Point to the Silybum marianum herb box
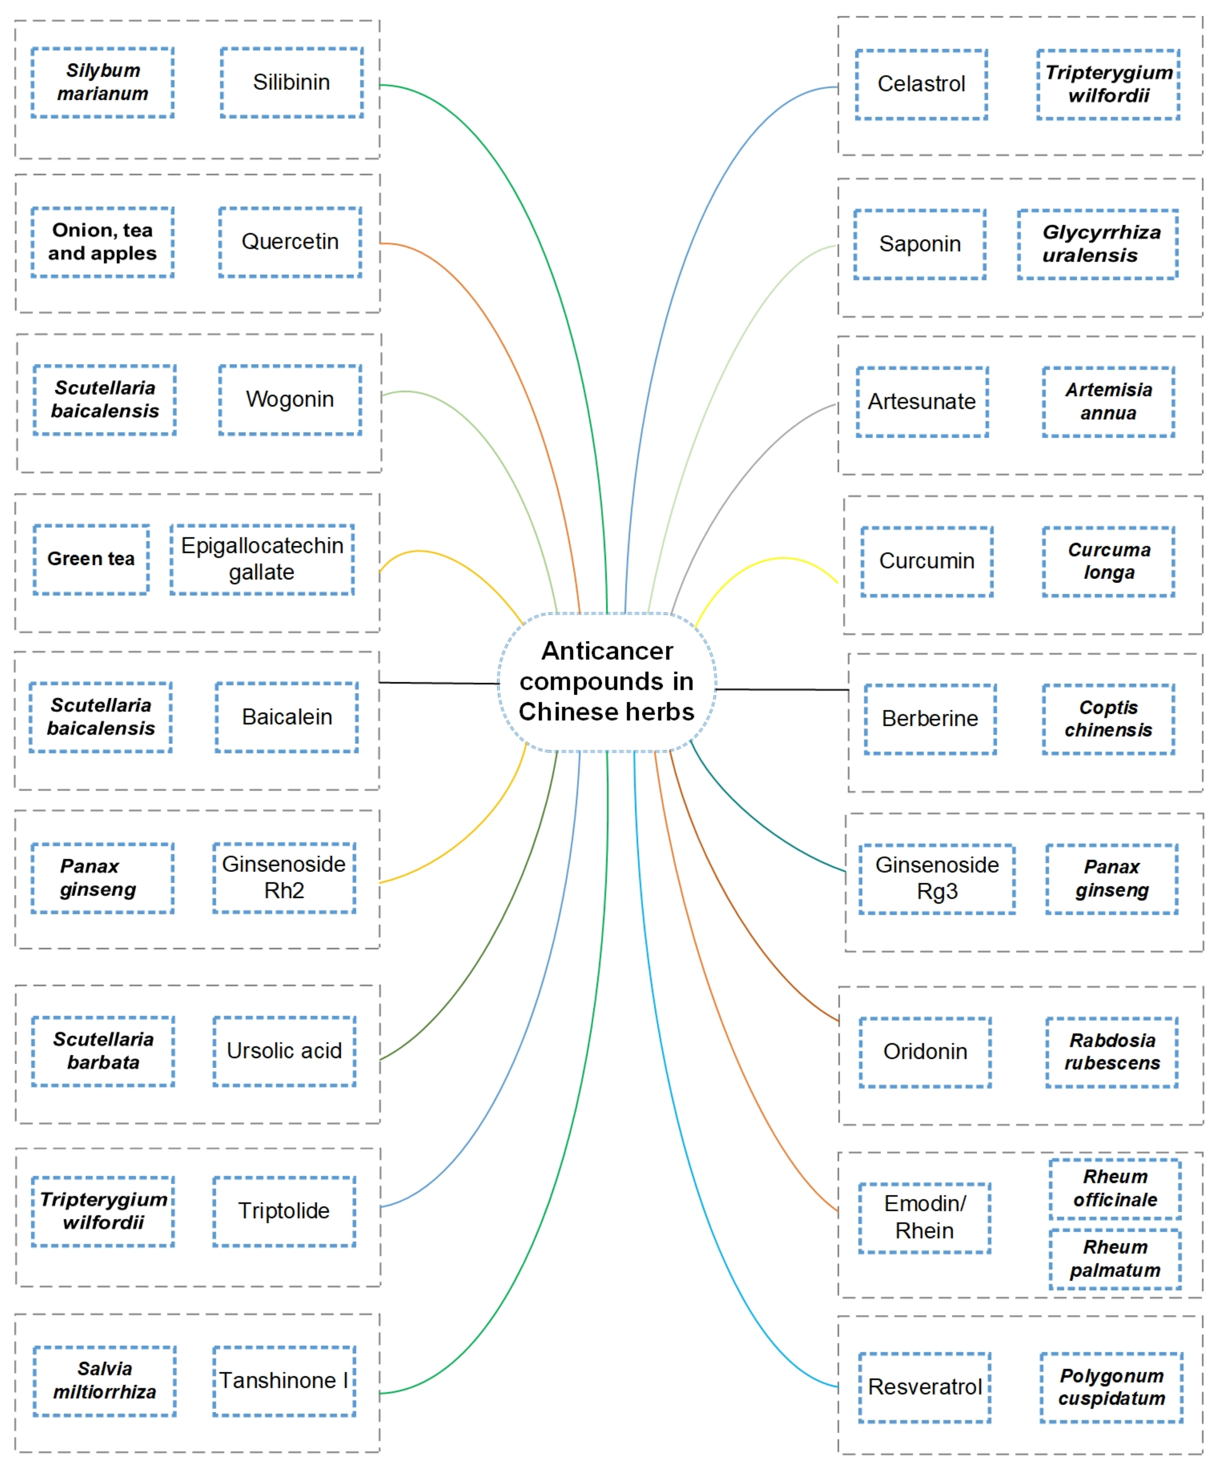(x=103, y=82)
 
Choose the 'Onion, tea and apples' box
(x=103, y=242)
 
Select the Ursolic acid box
(x=284, y=1051)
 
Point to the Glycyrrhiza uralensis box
(x=1097, y=244)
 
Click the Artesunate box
(x=922, y=402)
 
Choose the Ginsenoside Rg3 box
(x=937, y=879)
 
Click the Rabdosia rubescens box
(x=1111, y=1052)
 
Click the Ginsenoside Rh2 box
(x=284, y=877)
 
